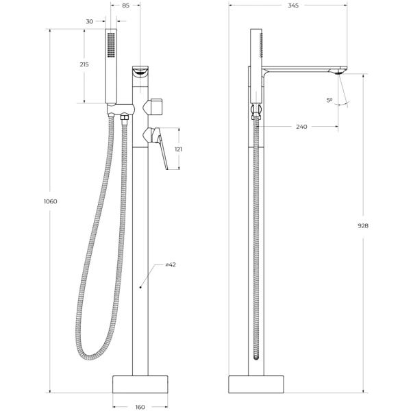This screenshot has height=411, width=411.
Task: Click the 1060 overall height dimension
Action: point(50,201)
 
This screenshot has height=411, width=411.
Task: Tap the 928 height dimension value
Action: point(363,225)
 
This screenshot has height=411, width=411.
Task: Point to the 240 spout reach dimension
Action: point(301,127)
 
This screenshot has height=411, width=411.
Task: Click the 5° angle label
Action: point(329,101)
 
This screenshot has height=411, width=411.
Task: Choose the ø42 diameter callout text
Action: point(171,264)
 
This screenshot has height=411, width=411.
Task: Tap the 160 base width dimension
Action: point(140,407)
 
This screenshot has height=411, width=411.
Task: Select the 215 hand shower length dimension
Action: point(84,64)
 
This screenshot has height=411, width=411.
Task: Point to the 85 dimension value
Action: point(125,5)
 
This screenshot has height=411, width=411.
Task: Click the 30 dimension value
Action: point(90,21)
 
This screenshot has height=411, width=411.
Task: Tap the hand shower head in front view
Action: point(112,65)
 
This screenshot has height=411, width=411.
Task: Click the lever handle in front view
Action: point(163,148)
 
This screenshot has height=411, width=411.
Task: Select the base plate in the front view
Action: point(140,384)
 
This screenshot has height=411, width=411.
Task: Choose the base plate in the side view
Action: point(256,384)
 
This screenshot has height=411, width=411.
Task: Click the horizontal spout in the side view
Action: point(305,69)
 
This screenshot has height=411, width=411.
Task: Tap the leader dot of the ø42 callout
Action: point(140,288)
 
